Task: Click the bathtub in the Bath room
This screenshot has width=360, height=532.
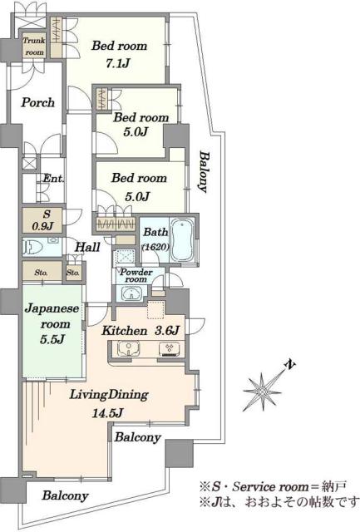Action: point(182,240)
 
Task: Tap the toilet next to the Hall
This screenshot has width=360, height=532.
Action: point(33,247)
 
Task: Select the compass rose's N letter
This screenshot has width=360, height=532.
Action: point(289,365)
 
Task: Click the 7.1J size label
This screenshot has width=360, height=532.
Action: point(117,63)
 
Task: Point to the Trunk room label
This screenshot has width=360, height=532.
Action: point(34,47)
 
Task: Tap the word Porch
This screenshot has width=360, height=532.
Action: point(37,102)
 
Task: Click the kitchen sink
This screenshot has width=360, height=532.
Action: point(128,349)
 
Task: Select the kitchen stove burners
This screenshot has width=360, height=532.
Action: point(170,349)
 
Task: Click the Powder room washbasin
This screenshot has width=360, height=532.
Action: point(131,293)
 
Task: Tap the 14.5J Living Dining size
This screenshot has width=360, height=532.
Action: point(107,413)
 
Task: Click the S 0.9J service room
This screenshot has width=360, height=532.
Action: point(42,220)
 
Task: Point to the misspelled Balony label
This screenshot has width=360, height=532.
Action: point(203,172)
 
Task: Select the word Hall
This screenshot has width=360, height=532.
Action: point(87,247)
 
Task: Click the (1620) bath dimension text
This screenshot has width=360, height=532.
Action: point(155,248)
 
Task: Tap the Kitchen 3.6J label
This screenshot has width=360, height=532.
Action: point(141,331)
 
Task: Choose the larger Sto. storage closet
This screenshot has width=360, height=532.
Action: point(42,272)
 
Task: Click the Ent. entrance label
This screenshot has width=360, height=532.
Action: point(53,178)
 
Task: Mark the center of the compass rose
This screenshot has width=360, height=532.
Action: point(262,392)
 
